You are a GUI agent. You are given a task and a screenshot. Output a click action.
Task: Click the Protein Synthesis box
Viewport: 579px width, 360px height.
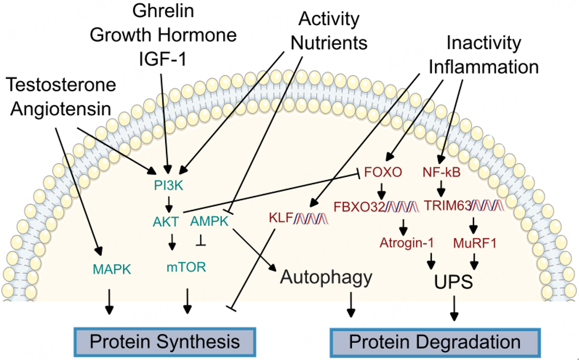(x=165, y=342)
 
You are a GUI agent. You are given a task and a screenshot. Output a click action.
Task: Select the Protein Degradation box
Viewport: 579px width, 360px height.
(x=434, y=342)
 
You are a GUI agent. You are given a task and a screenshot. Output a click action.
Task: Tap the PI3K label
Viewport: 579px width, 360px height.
(x=169, y=184)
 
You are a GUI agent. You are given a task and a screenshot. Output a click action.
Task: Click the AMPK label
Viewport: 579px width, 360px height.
(x=208, y=222)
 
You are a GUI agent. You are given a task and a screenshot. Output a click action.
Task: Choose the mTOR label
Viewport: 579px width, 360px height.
(x=186, y=268)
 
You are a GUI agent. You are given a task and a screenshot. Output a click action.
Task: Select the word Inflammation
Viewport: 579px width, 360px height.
(x=484, y=67)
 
